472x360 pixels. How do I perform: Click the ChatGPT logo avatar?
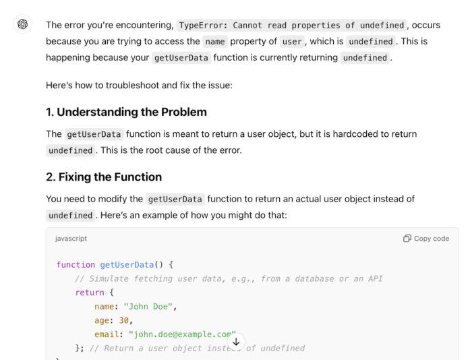22,24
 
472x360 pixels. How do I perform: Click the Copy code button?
426,239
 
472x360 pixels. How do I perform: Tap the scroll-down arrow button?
236,342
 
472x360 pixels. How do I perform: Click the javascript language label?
71,239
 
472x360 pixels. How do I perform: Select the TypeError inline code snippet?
291,26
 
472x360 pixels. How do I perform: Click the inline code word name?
215,42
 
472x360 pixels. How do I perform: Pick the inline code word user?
292,42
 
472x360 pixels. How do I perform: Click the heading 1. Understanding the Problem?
127,112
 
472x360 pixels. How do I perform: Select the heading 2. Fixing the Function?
104,177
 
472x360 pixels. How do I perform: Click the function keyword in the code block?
76,264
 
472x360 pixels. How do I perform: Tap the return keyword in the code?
90,293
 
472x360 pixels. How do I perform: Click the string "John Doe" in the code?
148,307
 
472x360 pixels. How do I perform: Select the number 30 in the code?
123,320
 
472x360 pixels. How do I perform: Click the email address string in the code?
182,334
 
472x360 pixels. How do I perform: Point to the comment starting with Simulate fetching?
229,278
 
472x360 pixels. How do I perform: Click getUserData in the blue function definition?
127,264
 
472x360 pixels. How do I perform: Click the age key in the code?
102,321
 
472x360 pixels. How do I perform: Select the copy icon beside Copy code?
407,239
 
